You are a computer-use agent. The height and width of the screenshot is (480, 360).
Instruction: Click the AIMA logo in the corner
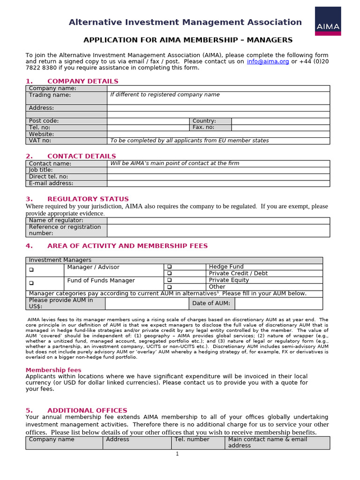pos(328,21)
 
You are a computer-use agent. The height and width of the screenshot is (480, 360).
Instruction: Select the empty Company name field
pos(218,88)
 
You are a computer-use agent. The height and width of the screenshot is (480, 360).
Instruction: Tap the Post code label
pos(44,121)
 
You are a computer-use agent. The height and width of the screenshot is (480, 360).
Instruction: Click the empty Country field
pos(280,121)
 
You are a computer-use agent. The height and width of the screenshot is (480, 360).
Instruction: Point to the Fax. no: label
pos(203,127)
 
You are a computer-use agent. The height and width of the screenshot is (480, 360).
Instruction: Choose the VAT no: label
pos(40,141)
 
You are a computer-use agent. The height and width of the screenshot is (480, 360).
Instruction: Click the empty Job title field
pos(218,170)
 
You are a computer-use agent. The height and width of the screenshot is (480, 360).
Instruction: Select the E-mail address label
pos(51,183)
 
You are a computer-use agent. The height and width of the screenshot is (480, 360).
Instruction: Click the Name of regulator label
pos(56,220)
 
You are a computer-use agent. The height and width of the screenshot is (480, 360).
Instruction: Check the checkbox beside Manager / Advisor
pos(31,270)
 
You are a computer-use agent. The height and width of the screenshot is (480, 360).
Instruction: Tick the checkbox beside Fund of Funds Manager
pos(31,283)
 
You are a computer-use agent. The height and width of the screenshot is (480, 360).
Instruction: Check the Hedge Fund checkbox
pos(170,267)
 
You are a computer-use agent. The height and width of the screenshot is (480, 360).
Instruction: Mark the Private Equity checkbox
pos(170,280)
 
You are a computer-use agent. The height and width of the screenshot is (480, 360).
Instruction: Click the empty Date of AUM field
pos(278,303)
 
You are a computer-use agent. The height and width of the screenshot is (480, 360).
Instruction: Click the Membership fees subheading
pos(53,370)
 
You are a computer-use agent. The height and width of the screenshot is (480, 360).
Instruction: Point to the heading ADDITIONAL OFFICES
pos(87,410)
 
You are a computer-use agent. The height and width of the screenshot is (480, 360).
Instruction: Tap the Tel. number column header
pos(192,440)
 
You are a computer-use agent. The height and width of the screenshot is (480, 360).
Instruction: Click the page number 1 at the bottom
pos(177,454)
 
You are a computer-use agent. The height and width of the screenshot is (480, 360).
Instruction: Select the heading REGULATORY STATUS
pos(88,199)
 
